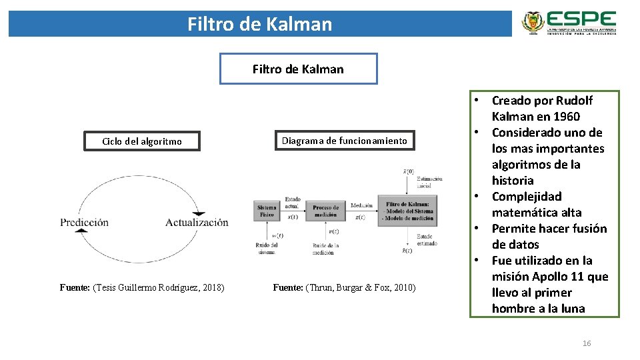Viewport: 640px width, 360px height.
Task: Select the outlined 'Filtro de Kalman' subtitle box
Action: (x=298, y=69)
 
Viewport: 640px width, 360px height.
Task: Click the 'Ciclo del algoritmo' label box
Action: (x=141, y=141)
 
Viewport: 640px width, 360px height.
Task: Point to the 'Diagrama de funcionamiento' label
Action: (x=344, y=141)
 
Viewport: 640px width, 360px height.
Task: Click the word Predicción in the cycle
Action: (x=84, y=223)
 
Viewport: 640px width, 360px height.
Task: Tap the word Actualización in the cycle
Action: (x=197, y=223)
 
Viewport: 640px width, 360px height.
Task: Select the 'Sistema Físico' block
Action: (x=267, y=211)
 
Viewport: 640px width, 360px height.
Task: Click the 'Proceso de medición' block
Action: (x=325, y=211)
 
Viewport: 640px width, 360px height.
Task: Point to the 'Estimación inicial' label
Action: (x=429, y=182)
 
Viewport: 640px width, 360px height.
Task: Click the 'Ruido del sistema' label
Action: (x=266, y=248)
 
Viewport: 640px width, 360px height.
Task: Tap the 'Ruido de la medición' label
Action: (x=327, y=249)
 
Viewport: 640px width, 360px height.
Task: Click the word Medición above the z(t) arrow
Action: (x=361, y=205)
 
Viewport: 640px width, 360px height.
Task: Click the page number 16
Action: (x=587, y=343)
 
